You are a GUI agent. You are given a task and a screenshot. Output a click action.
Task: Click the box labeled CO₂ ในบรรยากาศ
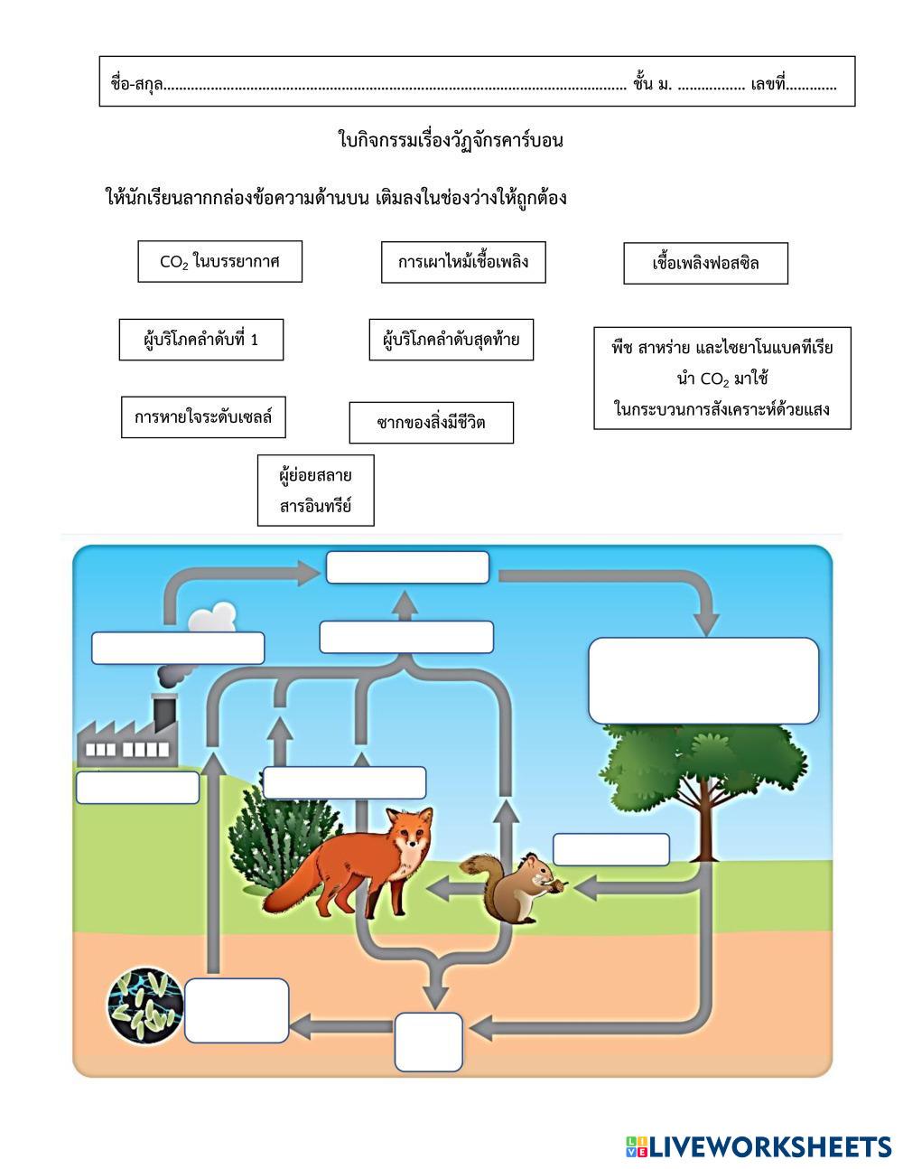click(x=219, y=262)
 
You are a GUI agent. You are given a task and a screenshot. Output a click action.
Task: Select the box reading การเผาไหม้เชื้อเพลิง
click(x=463, y=263)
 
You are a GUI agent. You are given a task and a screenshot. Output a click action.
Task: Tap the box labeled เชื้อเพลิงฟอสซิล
click(x=705, y=264)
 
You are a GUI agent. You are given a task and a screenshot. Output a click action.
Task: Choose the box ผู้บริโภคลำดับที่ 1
click(x=200, y=340)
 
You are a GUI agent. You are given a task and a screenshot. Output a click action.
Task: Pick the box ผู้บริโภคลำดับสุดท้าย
click(x=451, y=340)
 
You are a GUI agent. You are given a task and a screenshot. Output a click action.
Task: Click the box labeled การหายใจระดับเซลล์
click(x=203, y=416)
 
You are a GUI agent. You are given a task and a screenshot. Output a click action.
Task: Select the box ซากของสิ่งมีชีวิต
click(x=431, y=423)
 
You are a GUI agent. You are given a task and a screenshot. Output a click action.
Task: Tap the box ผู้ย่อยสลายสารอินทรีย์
click(x=315, y=491)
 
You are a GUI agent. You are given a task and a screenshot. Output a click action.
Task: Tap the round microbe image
click(x=144, y=1005)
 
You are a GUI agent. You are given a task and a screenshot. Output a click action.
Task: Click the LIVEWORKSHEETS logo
click(x=758, y=1146)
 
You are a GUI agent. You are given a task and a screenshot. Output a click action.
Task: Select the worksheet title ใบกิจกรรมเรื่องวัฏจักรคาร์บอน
click(x=451, y=140)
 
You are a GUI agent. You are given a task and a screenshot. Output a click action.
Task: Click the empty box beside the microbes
click(x=237, y=1010)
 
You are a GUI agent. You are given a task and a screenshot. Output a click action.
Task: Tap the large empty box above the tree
click(x=703, y=680)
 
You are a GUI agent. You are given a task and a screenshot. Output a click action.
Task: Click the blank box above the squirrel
click(x=611, y=850)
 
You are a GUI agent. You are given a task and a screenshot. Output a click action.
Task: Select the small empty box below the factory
click(x=137, y=787)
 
